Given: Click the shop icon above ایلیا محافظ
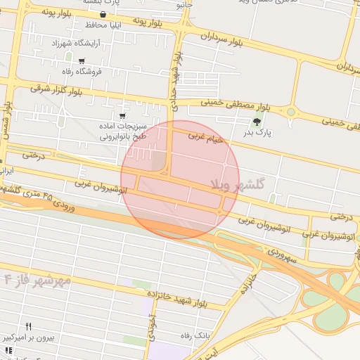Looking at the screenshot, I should [x=104, y=14].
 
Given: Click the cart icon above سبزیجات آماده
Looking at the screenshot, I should [x=123, y=115].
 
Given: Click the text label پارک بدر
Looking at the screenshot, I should [x=262, y=132].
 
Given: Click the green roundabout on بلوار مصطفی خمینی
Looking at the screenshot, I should [x=290, y=111].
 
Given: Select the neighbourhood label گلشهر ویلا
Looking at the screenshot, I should [x=237, y=184].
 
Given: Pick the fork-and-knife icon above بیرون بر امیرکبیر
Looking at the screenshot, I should [x=29, y=326].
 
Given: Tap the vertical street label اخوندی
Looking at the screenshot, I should [x=152, y=328].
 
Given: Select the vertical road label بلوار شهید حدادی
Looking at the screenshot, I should [x=174, y=88].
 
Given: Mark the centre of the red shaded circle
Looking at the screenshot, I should [x=180, y=179].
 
